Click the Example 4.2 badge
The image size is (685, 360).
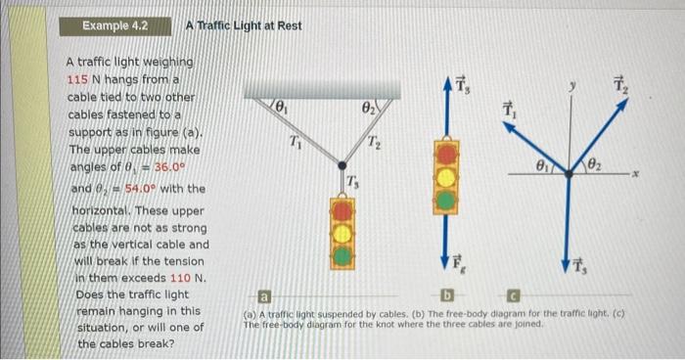[114, 25]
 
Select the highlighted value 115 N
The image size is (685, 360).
[87, 80]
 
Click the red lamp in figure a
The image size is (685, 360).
[342, 211]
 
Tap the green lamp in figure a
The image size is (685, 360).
[342, 256]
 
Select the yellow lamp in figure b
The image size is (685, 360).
[446, 178]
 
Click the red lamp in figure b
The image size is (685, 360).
[446, 155]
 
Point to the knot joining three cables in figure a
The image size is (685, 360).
[342, 165]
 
